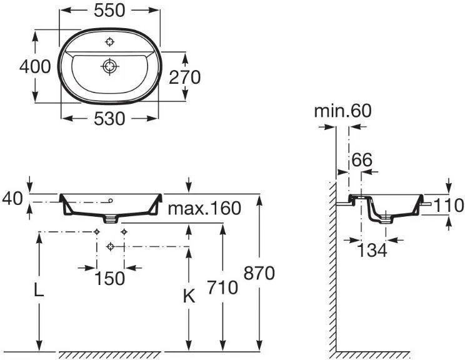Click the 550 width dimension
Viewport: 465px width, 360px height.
pyautogui.click(x=109, y=11)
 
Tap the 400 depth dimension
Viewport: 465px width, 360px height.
pyautogui.click(x=35, y=66)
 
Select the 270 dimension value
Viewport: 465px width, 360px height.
pyautogui.click(x=185, y=77)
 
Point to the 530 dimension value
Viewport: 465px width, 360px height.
pyautogui.click(x=109, y=119)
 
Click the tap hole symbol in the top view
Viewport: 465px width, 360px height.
pyautogui.click(x=110, y=42)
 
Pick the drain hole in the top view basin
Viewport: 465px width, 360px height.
pyautogui.click(x=110, y=66)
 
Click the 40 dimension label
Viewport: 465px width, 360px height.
pyautogui.click(x=12, y=198)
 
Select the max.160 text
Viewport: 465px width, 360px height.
pyautogui.click(x=204, y=208)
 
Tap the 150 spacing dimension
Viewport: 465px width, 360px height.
pyautogui.click(x=110, y=279)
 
